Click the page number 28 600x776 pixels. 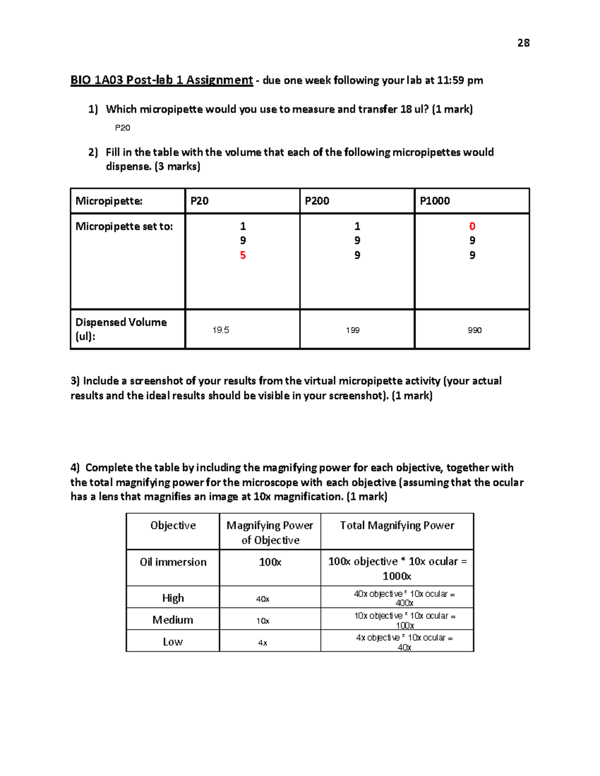pos(523,43)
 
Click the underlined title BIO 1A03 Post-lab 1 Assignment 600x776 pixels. pos(161,80)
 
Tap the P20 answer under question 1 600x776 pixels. pos(122,128)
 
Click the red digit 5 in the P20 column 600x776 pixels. pos(243,255)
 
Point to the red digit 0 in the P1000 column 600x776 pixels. pos(472,226)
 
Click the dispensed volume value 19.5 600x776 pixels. pos(220,330)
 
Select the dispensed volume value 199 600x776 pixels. pos(352,330)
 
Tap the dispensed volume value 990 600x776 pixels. pos(474,330)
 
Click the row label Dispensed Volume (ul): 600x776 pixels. pos(121,329)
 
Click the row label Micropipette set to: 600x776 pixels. pos(124,226)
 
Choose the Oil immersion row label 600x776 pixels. pos(173,562)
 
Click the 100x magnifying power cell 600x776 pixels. pos(270,562)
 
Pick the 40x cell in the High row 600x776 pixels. pos(262,599)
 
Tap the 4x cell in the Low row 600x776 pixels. pos(262,643)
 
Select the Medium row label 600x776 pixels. pos(172,620)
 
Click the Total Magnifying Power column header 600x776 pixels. pos(397,525)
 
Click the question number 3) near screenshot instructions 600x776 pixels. pos(75,381)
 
